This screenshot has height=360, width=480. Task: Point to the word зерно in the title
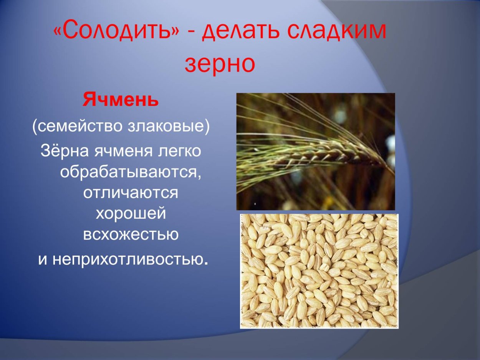[x=220, y=65]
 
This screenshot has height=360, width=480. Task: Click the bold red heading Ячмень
[x=121, y=100]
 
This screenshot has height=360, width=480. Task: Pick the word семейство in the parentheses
[x=80, y=126]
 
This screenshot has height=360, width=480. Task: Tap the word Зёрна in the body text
[x=65, y=150]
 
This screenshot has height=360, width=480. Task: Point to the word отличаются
[x=131, y=193]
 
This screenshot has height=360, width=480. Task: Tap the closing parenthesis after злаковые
[x=207, y=127]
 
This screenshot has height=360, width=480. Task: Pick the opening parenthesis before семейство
[x=35, y=127]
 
